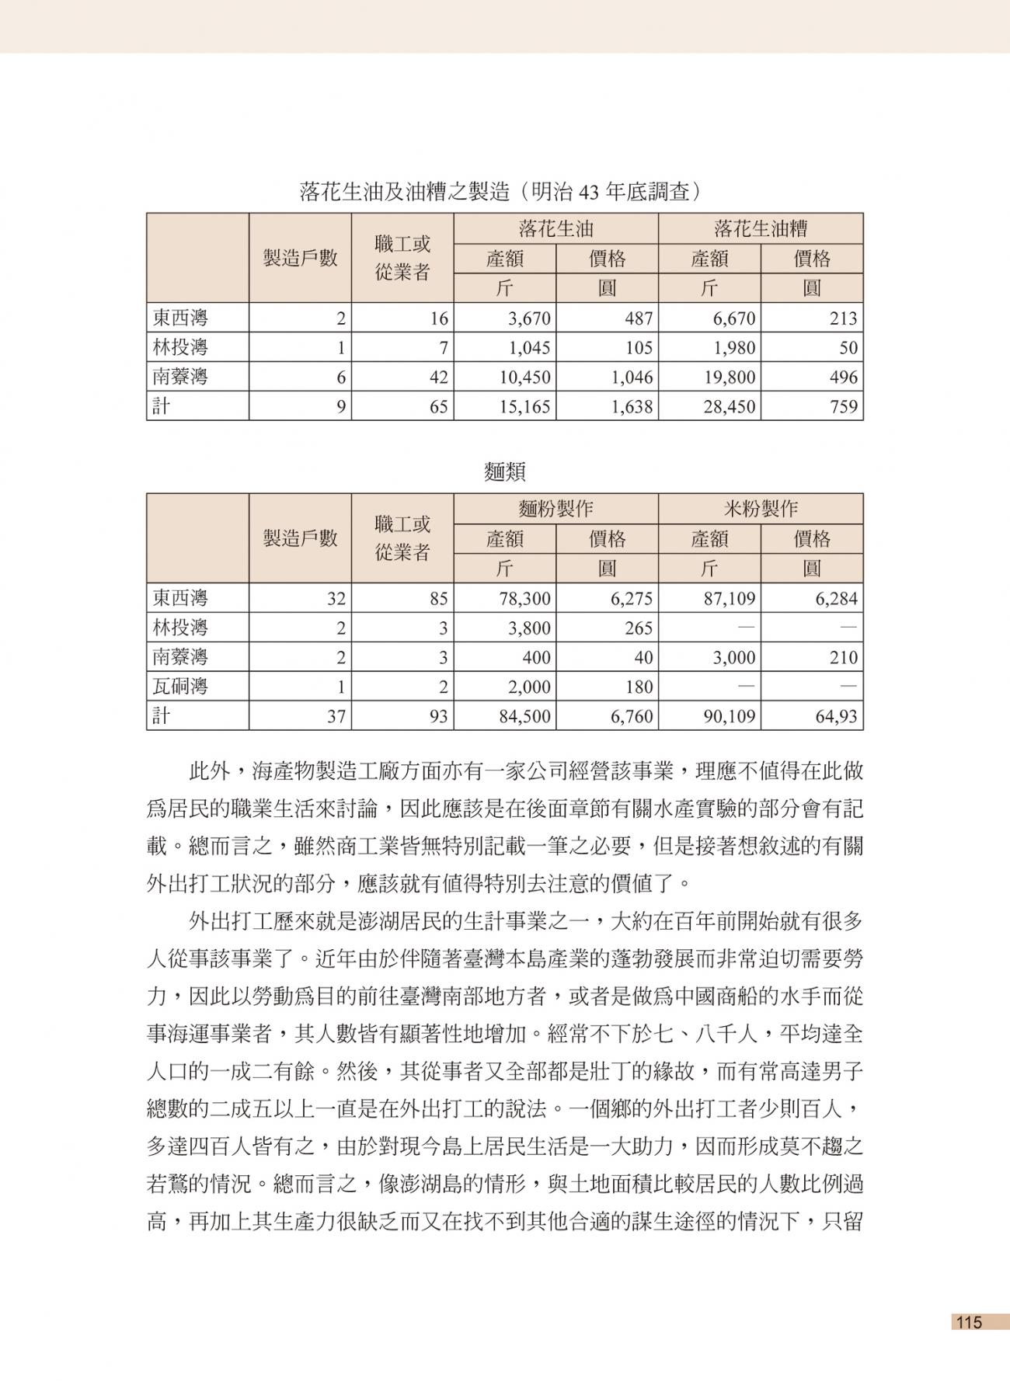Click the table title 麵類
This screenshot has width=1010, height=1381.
click(x=504, y=471)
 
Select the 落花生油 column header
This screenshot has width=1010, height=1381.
click(x=555, y=228)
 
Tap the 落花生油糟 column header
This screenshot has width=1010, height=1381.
click(x=760, y=228)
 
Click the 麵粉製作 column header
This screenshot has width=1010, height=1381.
click(x=555, y=509)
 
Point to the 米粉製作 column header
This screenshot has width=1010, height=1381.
click(x=760, y=509)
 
